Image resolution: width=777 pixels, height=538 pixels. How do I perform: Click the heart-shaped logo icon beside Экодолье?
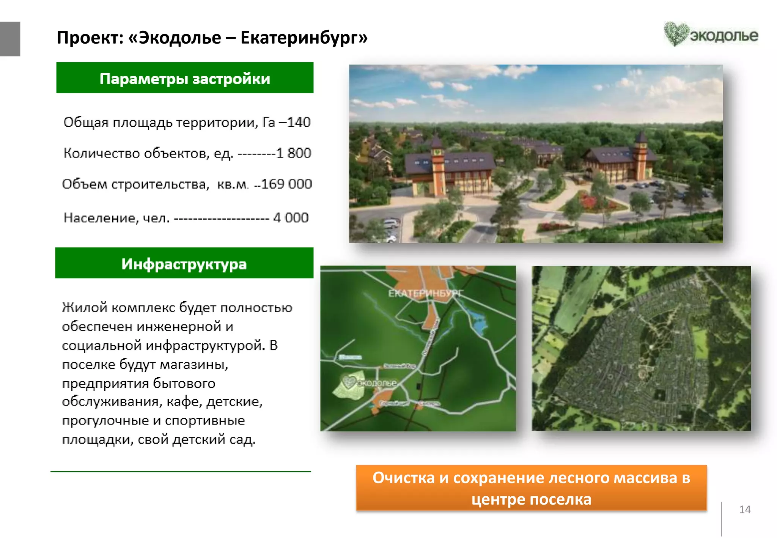pos(675,34)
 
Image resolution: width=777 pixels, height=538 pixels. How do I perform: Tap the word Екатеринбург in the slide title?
pos(304,38)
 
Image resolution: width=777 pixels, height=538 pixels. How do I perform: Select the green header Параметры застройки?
pos(185,78)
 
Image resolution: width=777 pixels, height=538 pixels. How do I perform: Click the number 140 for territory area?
pos(299,122)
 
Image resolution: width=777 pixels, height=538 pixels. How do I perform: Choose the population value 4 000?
pos(291,218)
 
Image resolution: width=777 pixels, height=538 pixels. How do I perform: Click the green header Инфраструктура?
pos(184,263)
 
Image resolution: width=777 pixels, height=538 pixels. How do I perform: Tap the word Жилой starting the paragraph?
pos(85,307)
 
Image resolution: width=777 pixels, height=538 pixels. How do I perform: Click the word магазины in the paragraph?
pos(194,365)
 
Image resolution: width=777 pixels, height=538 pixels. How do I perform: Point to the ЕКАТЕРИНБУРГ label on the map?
pos(425,293)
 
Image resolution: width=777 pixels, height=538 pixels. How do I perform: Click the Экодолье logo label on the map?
pos(370,383)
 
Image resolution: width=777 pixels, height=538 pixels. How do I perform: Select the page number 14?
pos(745,510)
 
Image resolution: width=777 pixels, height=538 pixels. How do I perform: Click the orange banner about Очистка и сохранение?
pos(531,488)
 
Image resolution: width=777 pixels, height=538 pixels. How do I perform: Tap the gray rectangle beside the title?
pos(10,39)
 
